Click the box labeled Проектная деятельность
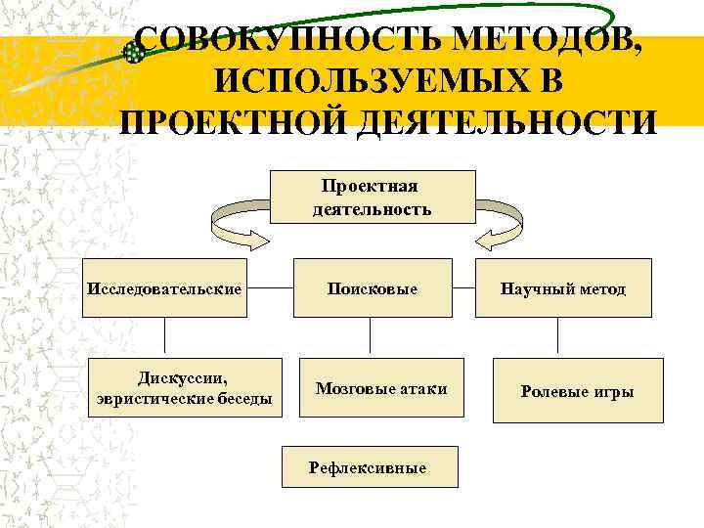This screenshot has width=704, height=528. click(372, 197)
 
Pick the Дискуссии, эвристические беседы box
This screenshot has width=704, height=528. click(185, 388)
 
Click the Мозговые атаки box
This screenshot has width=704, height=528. click(381, 388)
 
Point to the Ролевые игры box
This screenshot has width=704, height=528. click(577, 390)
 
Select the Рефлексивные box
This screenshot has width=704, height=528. click(368, 467)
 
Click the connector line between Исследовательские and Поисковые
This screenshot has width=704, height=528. click(270, 288)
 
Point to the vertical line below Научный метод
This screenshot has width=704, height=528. click(557, 334)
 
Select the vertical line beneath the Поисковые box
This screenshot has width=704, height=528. click(371, 334)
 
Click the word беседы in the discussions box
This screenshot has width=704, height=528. click(238, 398)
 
